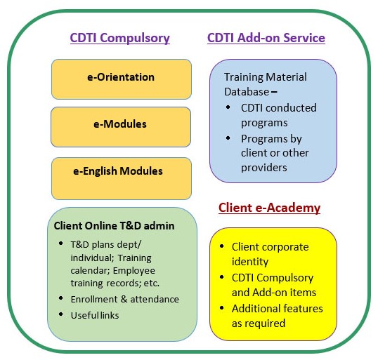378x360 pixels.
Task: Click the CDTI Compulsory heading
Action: pyautogui.click(x=120, y=38)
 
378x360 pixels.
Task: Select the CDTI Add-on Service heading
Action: pyautogui.click(x=266, y=38)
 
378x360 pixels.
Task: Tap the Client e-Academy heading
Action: pyautogui.click(x=269, y=208)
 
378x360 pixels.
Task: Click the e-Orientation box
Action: pyautogui.click(x=122, y=79)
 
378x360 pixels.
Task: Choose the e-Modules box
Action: pyautogui.click(x=121, y=127)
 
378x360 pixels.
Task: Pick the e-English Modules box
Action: pyautogui.click(x=122, y=178)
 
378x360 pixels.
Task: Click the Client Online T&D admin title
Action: pyautogui.click(x=114, y=226)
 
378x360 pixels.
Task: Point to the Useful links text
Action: pyautogui.click(x=95, y=315)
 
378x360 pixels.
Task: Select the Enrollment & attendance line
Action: pyautogui.click(x=125, y=300)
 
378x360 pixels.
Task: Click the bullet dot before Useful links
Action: pyautogui.click(x=60, y=314)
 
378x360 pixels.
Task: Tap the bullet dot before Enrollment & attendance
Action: pyautogui.click(x=60, y=298)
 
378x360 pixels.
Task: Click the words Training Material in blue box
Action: pyautogui.click(x=266, y=77)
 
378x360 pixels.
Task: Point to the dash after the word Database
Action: pyautogui.click(x=274, y=92)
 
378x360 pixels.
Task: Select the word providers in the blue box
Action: pyautogui.click(x=264, y=168)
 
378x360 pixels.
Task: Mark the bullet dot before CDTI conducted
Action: pyautogui.click(x=228, y=107)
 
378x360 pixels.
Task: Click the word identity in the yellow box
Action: pyautogui.click(x=250, y=262)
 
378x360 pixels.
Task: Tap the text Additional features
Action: pyautogui.click(x=278, y=309)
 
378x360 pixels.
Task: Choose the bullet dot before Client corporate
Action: pyautogui.click(x=222, y=246)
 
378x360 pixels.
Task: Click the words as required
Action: pyautogui.click(x=259, y=324)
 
